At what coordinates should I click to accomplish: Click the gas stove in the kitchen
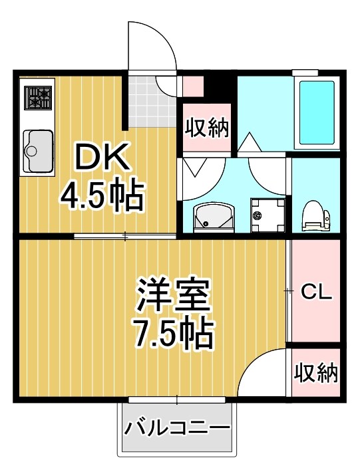[x=37, y=98]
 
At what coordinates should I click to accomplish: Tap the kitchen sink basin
[x=38, y=150]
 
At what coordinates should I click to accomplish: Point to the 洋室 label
[x=174, y=297]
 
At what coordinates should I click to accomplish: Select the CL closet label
[x=315, y=292]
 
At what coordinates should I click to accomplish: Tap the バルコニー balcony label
[x=176, y=426]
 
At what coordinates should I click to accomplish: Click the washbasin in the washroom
[x=212, y=216]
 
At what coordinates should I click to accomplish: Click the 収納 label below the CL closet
[x=316, y=373]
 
